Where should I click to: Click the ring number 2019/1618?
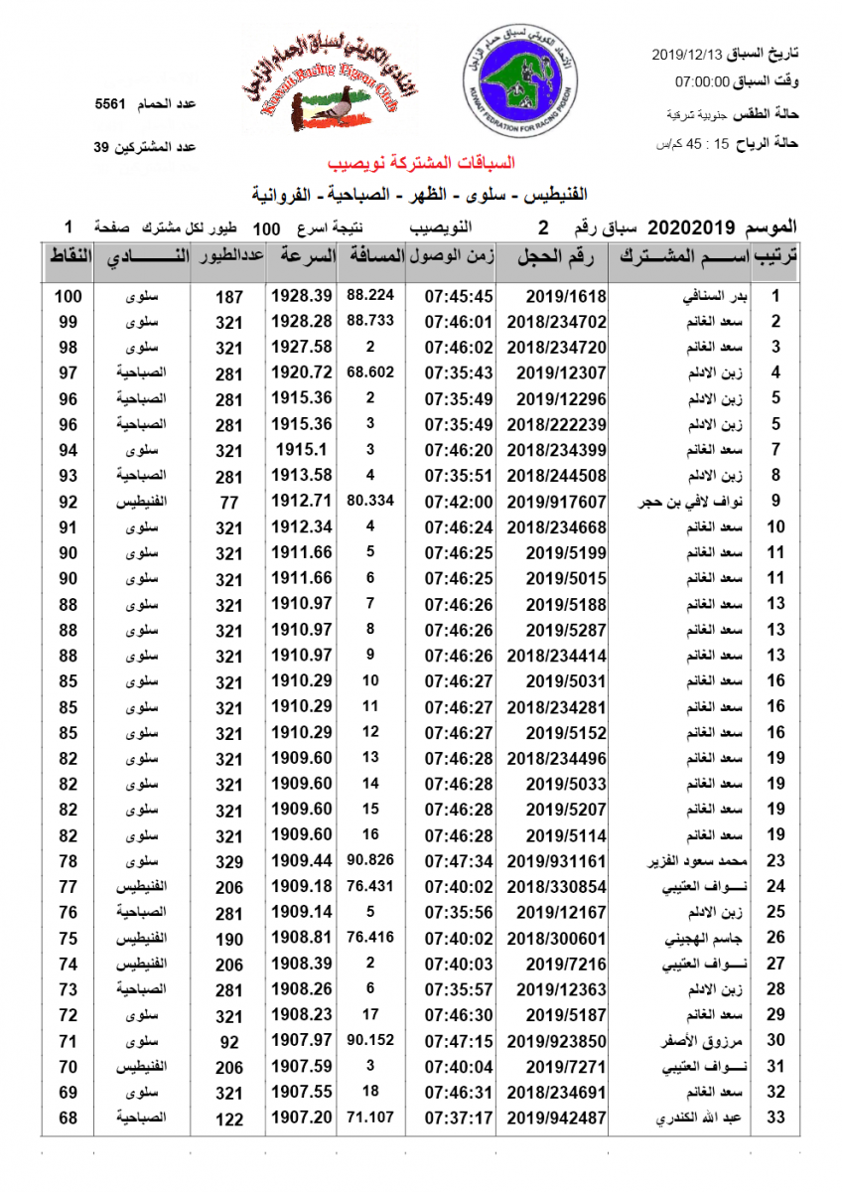pos(560,296)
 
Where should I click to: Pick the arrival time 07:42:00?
pos(459,502)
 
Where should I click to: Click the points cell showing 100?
pos(69,296)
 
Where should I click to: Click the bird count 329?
pos(228,861)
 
